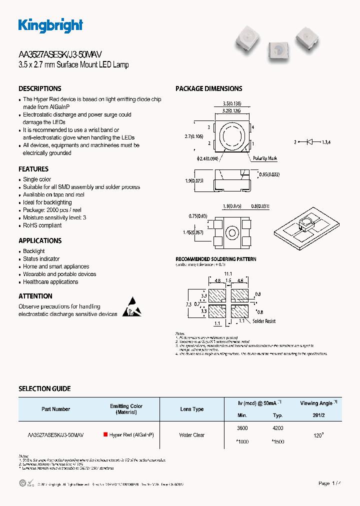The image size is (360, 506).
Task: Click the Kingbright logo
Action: pos(50,25)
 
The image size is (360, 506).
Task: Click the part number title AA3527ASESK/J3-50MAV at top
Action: pos(60,54)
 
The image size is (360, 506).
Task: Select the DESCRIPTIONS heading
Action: pos(40,88)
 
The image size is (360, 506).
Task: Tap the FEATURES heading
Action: pos(33,169)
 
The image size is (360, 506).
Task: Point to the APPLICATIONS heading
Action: pos(40,240)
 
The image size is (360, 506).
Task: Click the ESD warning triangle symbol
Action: pos(132,307)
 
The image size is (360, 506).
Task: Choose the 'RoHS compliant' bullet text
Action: pos(42,225)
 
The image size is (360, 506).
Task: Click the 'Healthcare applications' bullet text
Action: pos(50,282)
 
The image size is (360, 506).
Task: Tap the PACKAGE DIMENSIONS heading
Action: pos(208,88)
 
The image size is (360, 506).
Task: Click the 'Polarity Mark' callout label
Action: pos(265,158)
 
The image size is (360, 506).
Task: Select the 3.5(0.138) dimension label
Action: pos(230,104)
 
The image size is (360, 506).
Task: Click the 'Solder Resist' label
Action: pos(264,321)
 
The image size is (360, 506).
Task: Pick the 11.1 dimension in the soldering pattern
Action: pos(228,274)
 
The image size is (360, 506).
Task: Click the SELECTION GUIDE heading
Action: pos(44,388)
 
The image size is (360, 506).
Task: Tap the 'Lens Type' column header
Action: pos(192,409)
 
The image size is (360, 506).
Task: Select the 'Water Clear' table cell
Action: pos(192,435)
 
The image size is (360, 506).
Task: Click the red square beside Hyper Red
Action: pos(105,435)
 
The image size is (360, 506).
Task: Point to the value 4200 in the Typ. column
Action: pos(277,428)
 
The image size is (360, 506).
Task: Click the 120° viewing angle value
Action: pos(318,435)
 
